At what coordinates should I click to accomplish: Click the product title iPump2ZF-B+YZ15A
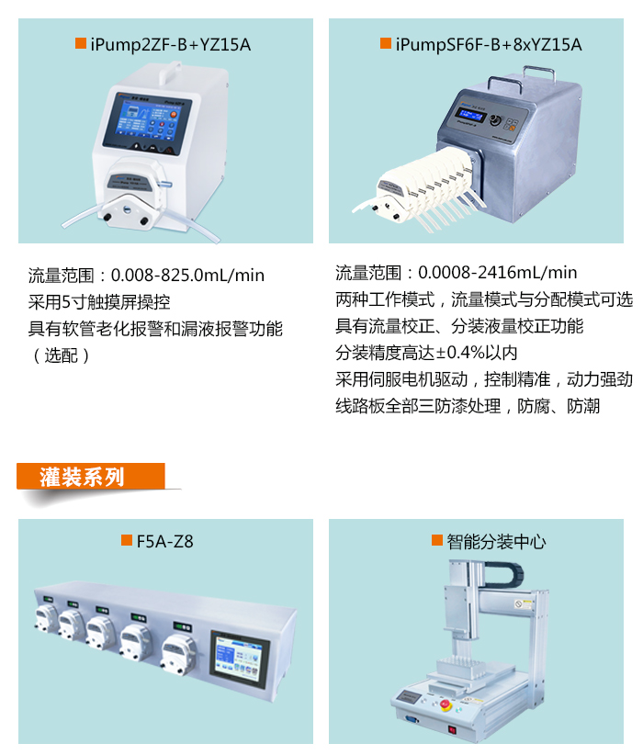click(170, 45)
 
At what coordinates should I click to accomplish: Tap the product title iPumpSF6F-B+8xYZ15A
click(489, 45)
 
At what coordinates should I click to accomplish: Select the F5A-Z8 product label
click(164, 541)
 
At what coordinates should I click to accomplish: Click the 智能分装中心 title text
click(496, 542)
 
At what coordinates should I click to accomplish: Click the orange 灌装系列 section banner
click(91, 477)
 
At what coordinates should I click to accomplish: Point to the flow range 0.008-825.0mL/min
click(187, 275)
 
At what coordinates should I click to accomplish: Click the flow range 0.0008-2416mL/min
click(497, 273)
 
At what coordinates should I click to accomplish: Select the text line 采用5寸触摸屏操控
click(98, 302)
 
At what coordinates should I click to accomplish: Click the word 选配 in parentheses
click(62, 355)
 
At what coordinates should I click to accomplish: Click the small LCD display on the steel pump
click(470, 115)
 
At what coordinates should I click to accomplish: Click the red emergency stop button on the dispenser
click(445, 704)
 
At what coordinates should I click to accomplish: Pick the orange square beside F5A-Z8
click(127, 540)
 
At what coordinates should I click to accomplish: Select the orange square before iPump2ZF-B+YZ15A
click(81, 43)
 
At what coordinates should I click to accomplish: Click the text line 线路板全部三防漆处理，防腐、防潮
click(468, 406)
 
